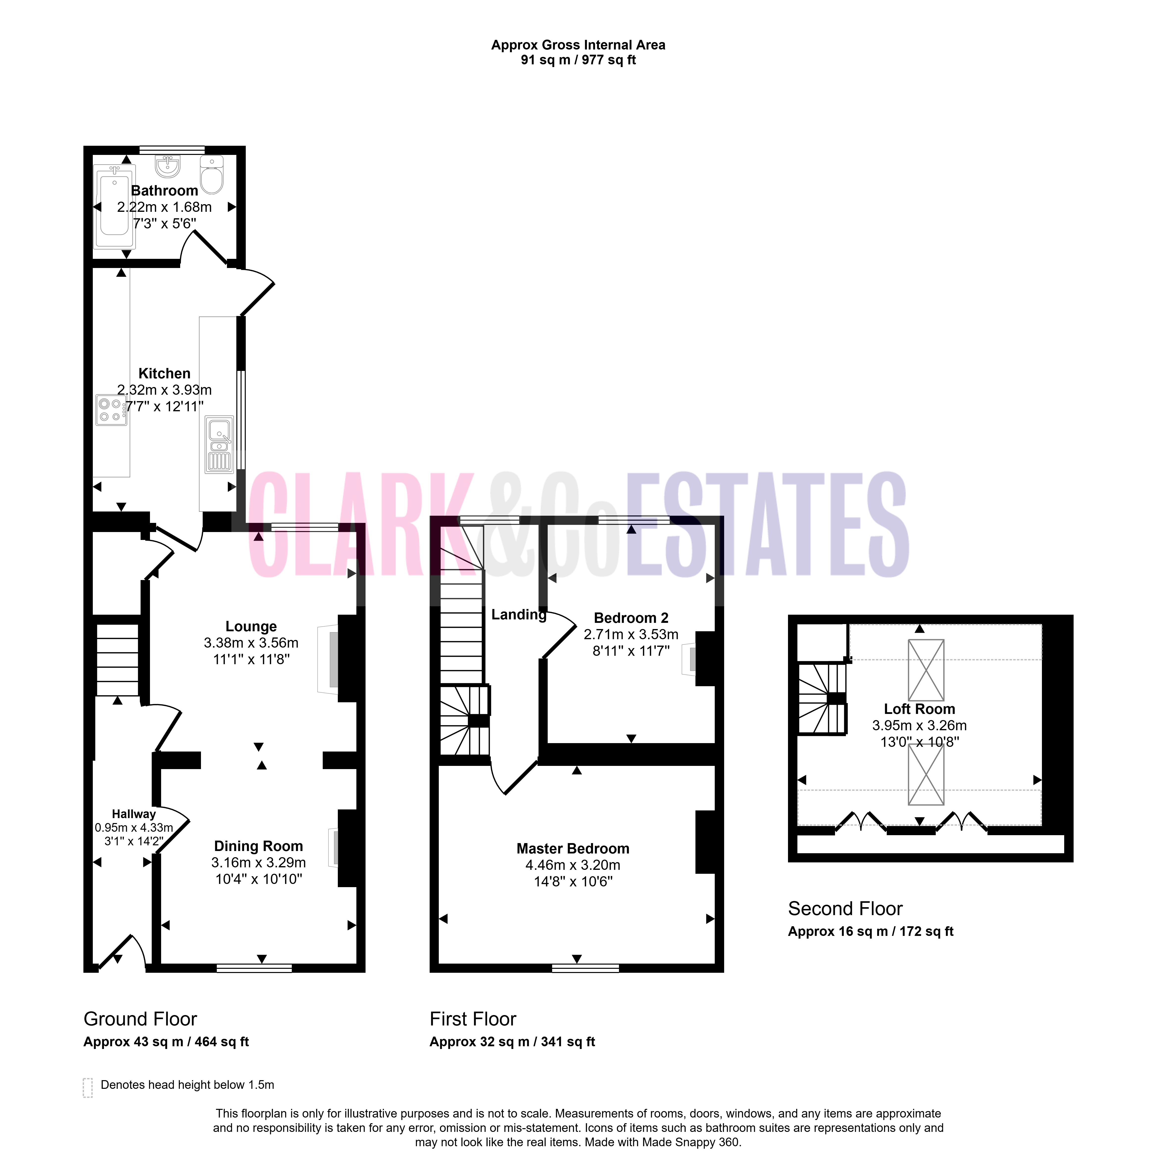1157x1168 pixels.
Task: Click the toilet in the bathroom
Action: [212, 175]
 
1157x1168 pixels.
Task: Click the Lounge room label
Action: [251, 626]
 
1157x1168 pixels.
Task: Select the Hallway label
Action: [134, 814]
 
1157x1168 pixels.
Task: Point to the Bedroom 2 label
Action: [631, 618]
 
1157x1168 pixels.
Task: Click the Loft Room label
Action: [919, 709]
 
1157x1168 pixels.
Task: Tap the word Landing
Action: [519, 615]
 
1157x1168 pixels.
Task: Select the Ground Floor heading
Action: [140, 1019]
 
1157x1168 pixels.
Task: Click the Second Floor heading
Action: [845, 909]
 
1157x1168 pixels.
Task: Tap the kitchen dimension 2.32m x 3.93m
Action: [164, 390]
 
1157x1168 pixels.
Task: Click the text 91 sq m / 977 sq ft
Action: [579, 60]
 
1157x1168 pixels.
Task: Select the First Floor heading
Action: [473, 1019]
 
